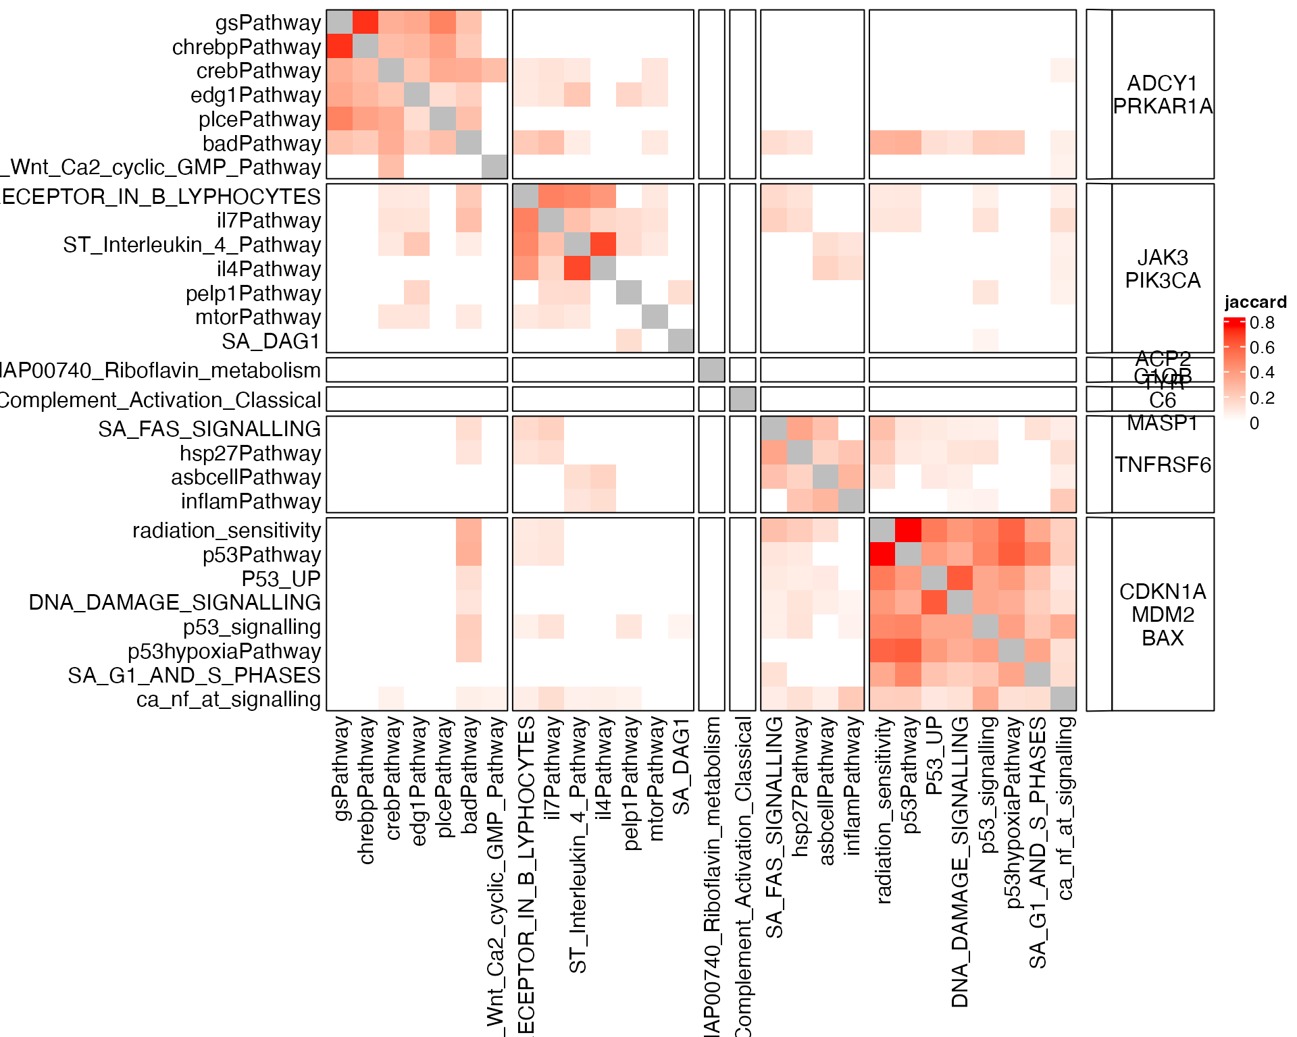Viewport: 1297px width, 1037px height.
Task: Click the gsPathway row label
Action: click(x=268, y=23)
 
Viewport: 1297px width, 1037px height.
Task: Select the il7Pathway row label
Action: click(x=268, y=221)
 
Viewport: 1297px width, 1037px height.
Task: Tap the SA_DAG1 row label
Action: click(x=271, y=342)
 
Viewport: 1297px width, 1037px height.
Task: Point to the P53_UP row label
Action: click(x=281, y=579)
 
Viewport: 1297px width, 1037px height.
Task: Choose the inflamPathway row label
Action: click(x=251, y=502)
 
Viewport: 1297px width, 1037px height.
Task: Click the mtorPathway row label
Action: click(x=258, y=317)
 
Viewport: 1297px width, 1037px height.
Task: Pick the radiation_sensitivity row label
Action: click(x=226, y=531)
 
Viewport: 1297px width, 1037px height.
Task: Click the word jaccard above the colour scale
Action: click(x=1255, y=302)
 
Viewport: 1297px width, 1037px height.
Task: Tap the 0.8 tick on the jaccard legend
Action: click(x=1262, y=323)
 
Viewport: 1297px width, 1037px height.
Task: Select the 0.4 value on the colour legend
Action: click(x=1262, y=373)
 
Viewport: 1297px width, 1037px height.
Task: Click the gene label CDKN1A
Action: click(x=1163, y=591)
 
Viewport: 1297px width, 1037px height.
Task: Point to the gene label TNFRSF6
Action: click(x=1163, y=464)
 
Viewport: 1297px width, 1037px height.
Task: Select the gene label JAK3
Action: click(x=1163, y=257)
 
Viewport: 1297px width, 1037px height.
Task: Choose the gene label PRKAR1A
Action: click(x=1163, y=106)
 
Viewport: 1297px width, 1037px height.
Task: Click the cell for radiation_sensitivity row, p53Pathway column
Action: click(x=909, y=530)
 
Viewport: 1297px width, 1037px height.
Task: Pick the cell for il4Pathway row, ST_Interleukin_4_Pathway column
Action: click(x=577, y=269)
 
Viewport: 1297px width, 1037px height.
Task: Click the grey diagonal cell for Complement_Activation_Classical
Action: click(x=742, y=399)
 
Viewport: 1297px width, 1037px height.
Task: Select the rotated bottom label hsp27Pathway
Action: click(x=800, y=787)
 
